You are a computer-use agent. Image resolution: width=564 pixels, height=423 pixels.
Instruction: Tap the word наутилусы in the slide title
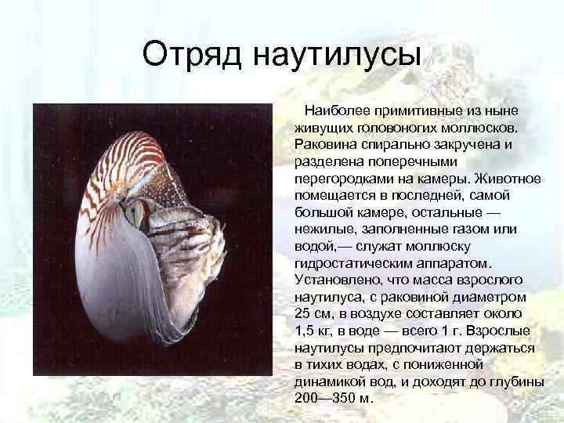(x=337, y=55)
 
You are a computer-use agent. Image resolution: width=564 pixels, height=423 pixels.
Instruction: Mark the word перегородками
(x=340, y=178)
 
